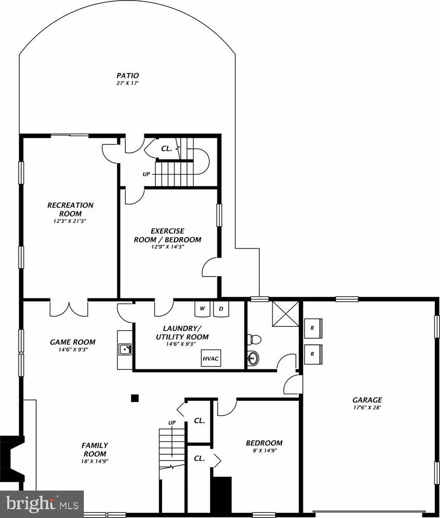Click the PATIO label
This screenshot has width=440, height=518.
[127, 76]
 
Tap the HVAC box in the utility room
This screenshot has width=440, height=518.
[211, 358]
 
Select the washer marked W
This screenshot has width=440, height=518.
[202, 309]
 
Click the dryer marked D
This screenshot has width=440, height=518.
[221, 309]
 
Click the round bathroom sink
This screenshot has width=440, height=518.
[253, 357]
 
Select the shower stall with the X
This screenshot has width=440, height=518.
[286, 313]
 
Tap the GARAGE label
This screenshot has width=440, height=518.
[367, 400]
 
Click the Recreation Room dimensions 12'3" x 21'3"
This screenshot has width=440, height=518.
[70, 221]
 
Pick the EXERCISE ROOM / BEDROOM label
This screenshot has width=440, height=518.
[167, 235]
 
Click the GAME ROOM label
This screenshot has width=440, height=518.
[72, 342]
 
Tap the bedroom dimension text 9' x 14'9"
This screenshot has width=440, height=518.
[264, 451]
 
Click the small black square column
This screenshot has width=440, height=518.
[135, 398]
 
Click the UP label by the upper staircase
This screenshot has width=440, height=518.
[146, 174]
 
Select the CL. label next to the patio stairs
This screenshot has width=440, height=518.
[166, 148]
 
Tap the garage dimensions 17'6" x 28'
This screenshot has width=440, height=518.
[367, 408]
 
